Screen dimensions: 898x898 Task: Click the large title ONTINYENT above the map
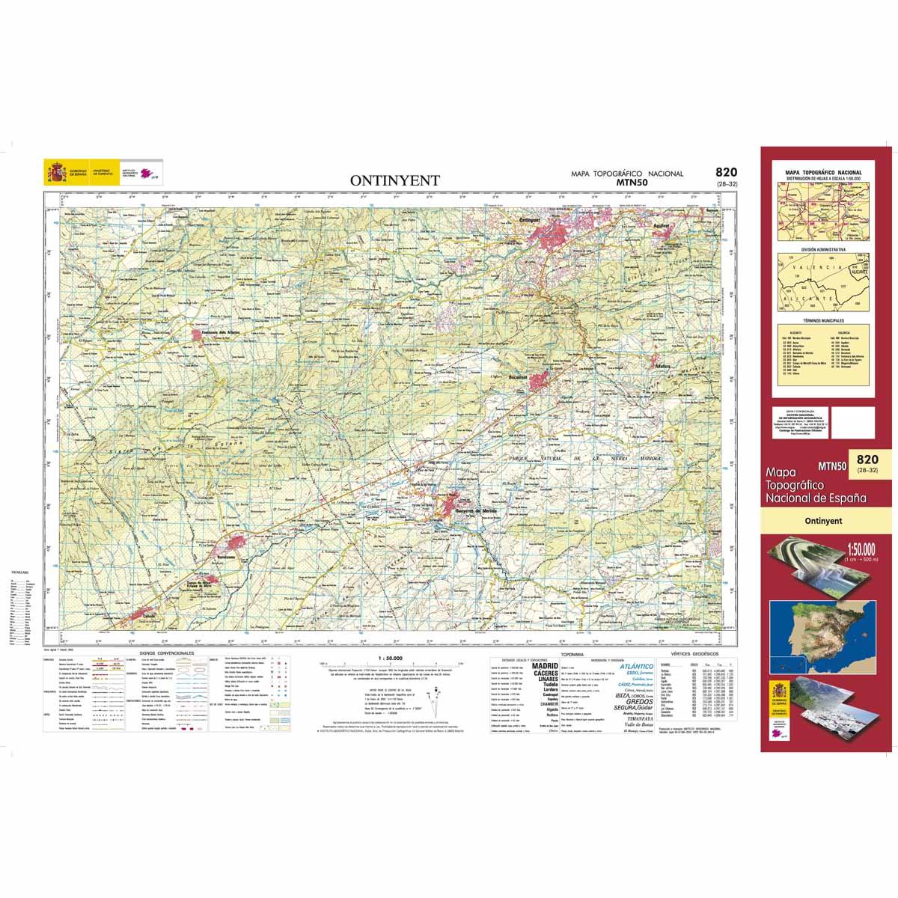click(x=395, y=180)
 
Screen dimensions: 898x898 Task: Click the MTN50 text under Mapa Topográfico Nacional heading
click(x=626, y=182)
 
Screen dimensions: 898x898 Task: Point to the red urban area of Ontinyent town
click(x=558, y=228)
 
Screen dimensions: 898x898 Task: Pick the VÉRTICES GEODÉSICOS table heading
click(x=695, y=653)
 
